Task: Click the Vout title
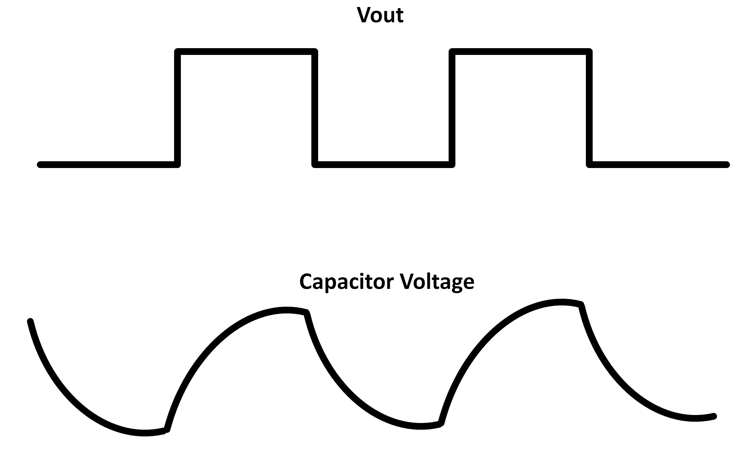click(x=380, y=15)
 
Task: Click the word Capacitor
click(x=347, y=282)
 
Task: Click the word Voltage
click(x=437, y=282)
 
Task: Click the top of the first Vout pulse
click(x=246, y=52)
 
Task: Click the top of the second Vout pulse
click(x=521, y=52)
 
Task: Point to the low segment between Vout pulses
click(x=383, y=164)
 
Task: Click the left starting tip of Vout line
click(x=40, y=164)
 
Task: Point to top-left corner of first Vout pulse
click(x=178, y=52)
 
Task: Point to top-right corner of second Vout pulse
click(x=589, y=52)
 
